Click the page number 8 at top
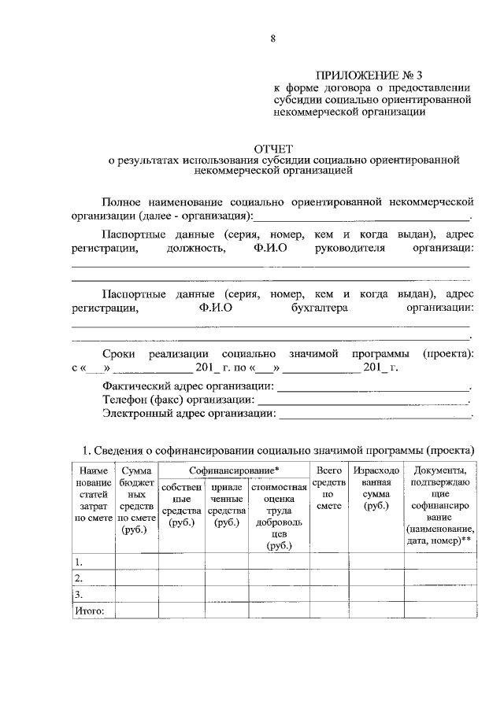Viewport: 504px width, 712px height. [272, 36]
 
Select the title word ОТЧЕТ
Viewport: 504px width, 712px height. [272, 148]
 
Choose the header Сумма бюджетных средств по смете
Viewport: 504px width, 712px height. [137, 500]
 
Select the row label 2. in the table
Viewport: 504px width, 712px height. [79, 578]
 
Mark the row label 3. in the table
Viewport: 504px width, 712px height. [79, 594]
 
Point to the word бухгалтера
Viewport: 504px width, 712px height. [318, 309]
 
